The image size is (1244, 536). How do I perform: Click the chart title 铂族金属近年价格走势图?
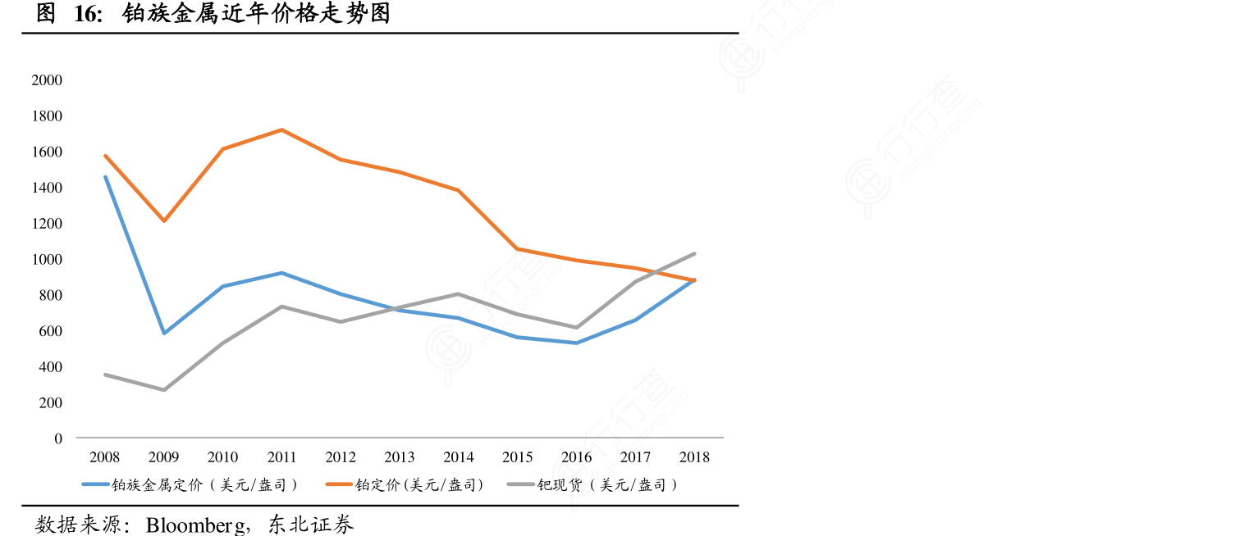click(256, 14)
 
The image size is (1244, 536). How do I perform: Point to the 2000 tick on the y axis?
click(47, 80)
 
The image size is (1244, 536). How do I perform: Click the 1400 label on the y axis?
click(47, 188)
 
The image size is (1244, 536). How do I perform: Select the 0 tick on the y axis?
click(58, 438)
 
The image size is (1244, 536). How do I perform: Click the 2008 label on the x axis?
click(105, 457)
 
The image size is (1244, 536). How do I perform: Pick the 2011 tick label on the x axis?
click(281, 457)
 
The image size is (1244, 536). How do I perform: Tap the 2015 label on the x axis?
click(517, 457)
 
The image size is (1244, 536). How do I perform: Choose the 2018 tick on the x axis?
click(694, 457)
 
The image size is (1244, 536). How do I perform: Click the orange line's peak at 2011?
click(281, 129)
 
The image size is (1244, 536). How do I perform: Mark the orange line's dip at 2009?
click(164, 221)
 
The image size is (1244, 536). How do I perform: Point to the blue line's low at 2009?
click(164, 334)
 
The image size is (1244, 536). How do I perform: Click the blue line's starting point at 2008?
click(105, 177)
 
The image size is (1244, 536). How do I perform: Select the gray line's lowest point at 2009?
click(164, 390)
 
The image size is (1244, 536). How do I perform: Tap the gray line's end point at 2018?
click(694, 254)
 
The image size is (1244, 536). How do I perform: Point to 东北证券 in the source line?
click(311, 525)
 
